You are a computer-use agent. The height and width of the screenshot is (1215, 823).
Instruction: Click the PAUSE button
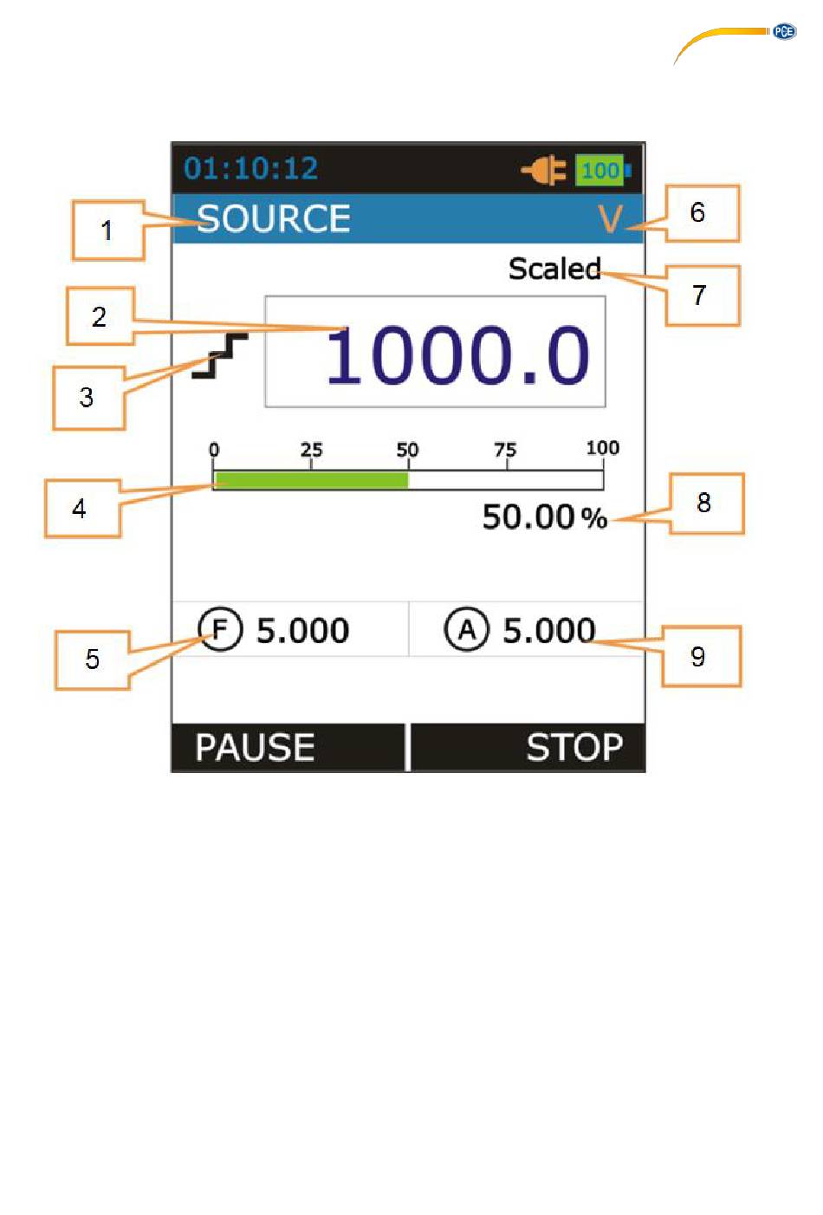pyautogui.click(x=288, y=747)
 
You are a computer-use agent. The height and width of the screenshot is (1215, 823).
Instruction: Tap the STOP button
pyautogui.click(x=528, y=747)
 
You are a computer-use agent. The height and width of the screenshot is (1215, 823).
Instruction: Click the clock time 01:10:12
pyautogui.click(x=250, y=168)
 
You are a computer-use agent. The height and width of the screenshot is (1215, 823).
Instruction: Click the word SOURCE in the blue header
pyautogui.click(x=273, y=218)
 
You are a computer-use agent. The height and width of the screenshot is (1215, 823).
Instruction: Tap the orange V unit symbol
pyautogui.click(x=610, y=219)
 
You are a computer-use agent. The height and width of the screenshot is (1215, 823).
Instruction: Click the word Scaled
pyautogui.click(x=554, y=269)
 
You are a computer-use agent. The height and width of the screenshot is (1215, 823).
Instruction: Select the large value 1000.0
pyautogui.click(x=457, y=355)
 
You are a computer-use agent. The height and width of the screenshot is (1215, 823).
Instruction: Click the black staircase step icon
pyautogui.click(x=220, y=356)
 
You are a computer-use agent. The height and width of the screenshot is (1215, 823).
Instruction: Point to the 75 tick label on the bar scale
pyautogui.click(x=505, y=450)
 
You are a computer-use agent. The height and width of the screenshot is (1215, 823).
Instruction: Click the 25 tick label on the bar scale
pyautogui.click(x=311, y=450)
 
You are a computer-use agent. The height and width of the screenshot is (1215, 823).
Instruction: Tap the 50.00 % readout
pyautogui.click(x=544, y=517)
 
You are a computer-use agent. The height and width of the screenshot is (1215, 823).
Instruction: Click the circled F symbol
pyautogui.click(x=220, y=629)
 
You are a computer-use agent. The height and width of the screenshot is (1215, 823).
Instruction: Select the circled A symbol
pyautogui.click(x=466, y=629)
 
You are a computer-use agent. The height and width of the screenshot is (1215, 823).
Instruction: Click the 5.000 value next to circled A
pyautogui.click(x=548, y=630)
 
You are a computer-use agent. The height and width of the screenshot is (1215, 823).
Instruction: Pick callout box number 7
pyautogui.click(x=703, y=296)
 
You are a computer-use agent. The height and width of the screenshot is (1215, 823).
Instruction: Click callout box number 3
pyautogui.click(x=89, y=398)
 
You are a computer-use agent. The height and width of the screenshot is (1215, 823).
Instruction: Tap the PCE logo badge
pyautogui.click(x=784, y=31)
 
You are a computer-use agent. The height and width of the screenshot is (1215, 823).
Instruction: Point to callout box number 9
pyautogui.click(x=702, y=656)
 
